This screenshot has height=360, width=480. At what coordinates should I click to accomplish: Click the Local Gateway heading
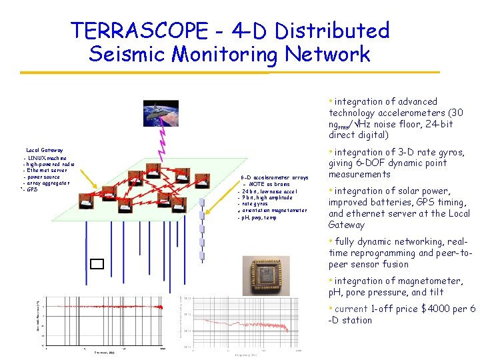(44, 151)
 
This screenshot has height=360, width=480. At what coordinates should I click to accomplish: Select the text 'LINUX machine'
(47, 158)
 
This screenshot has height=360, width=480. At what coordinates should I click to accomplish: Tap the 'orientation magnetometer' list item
(274, 211)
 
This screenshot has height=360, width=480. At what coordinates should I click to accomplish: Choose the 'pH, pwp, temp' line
(259, 218)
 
